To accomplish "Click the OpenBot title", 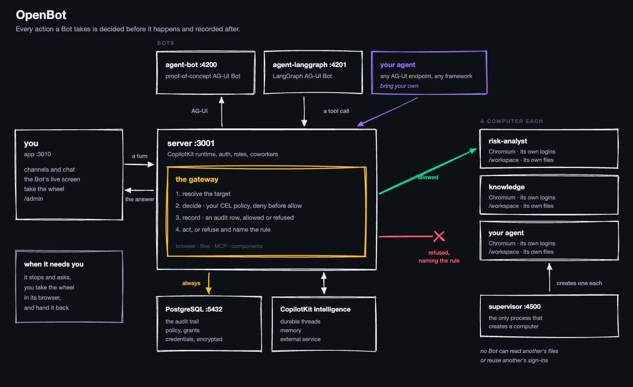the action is point(41,15).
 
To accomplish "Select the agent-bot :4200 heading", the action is point(191,65).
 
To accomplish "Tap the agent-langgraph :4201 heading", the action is point(309,65).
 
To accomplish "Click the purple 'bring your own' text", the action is point(399,86).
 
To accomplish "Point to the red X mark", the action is point(439,237).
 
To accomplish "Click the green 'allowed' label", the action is point(428,177).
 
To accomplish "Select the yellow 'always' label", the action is point(191,283).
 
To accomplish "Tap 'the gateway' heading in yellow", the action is point(197,179).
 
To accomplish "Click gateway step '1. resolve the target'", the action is point(203,194).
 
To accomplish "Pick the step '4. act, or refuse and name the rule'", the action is point(223,229).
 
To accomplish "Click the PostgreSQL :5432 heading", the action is point(194,309).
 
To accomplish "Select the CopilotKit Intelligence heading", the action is point(315,309).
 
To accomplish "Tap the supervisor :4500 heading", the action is point(515,307).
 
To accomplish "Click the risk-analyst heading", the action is point(508,141).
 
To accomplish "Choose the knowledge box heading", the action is point(506,187).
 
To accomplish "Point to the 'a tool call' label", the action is point(336,111).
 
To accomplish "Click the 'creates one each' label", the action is point(579,283).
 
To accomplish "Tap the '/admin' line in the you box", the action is point(34,199).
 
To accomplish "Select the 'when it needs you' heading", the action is point(54,264).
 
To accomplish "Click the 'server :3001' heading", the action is point(191,143).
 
